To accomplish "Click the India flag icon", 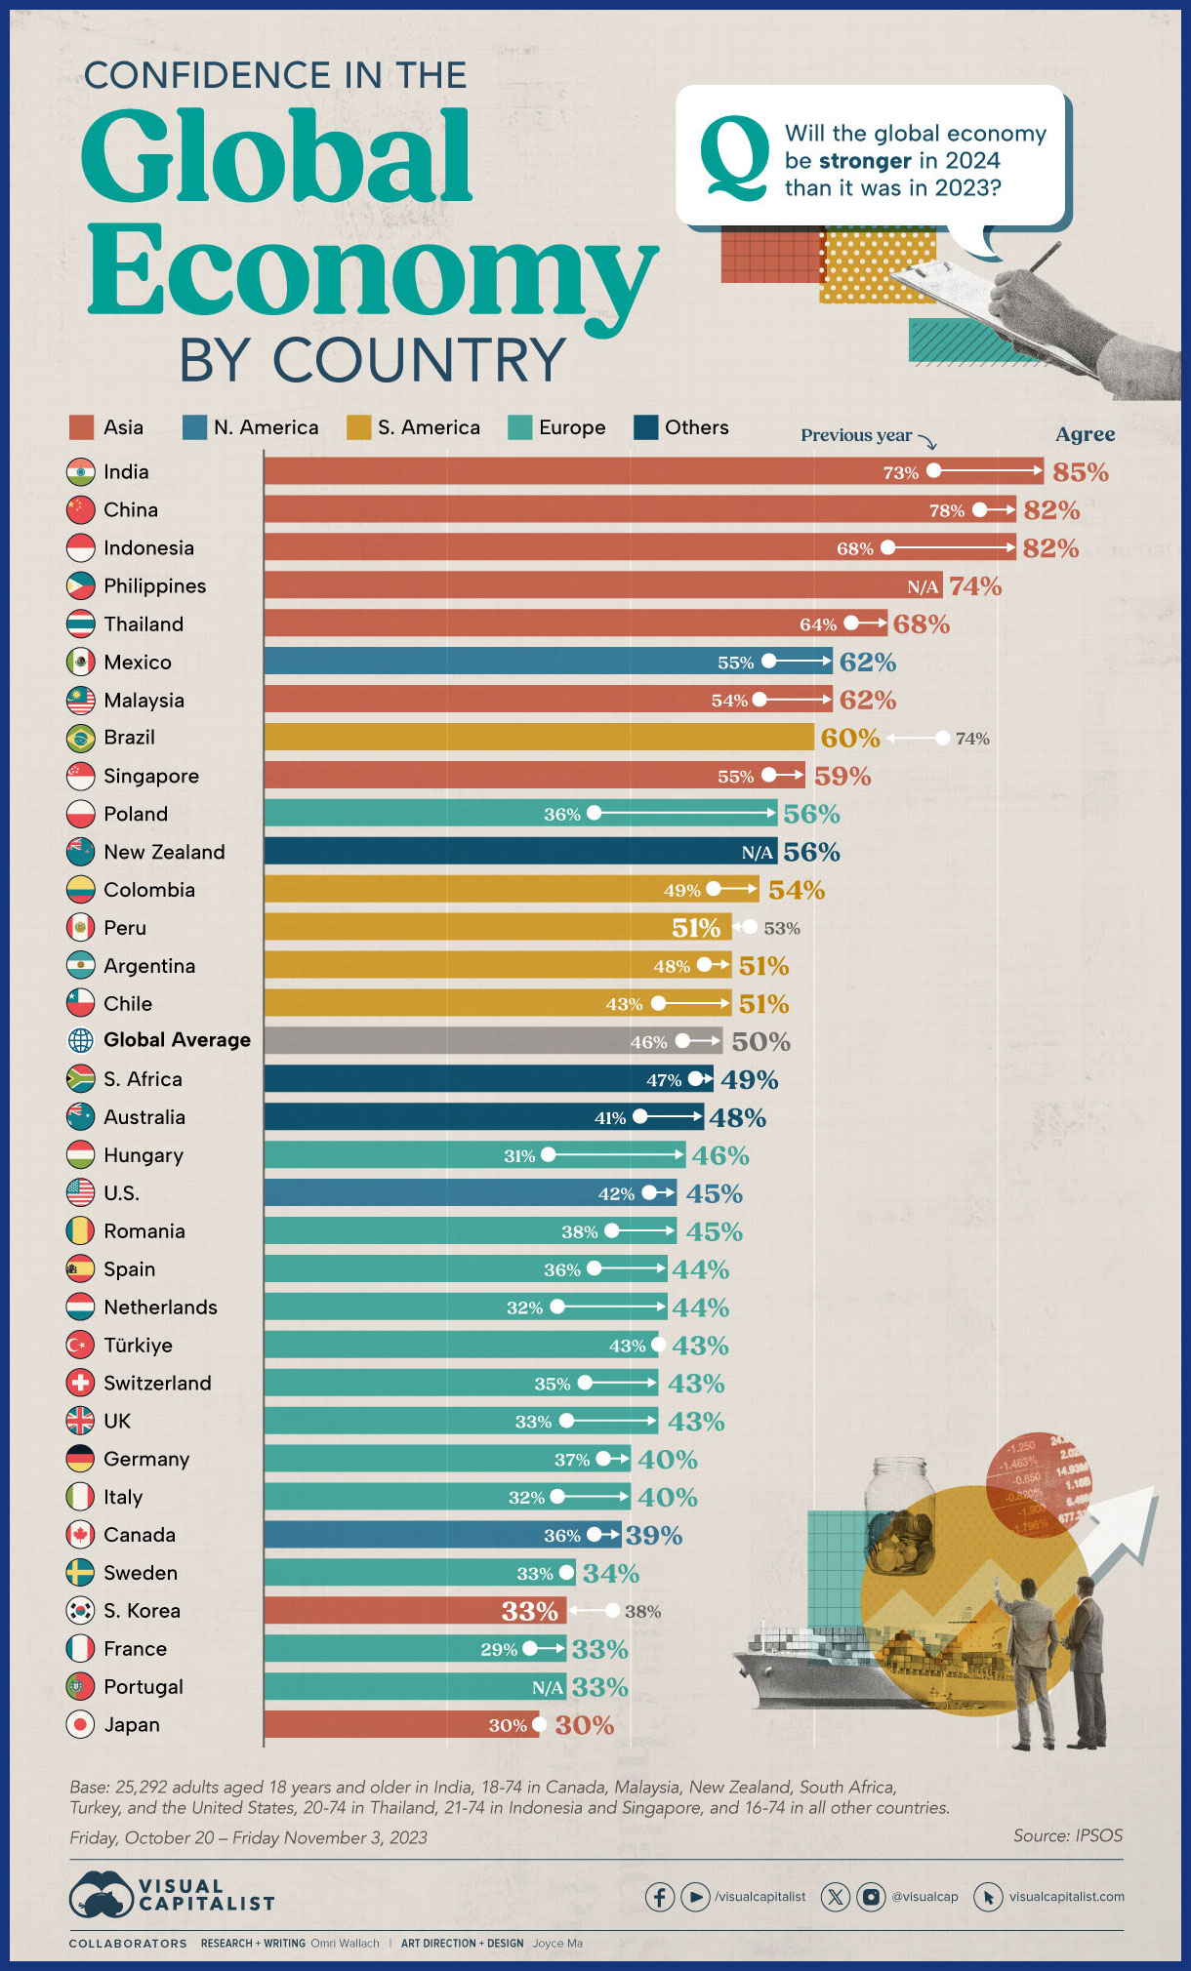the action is [80, 472].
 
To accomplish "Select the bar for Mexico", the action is [548, 662].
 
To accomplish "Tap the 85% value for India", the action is [1081, 472].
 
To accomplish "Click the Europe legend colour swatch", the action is [520, 427].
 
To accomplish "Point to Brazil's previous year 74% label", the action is [972, 739].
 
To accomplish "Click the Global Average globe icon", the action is [80, 1040].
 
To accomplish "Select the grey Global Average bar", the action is [493, 1040].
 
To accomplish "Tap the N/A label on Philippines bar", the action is [923, 586].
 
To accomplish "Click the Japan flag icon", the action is [80, 1724].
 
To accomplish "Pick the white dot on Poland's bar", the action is [595, 814].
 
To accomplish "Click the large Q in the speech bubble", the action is [735, 158].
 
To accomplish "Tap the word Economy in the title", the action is [371, 269].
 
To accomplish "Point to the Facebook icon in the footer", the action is [660, 1897].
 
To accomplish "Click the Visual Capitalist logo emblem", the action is [101, 1895].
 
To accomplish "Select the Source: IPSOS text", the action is [1068, 1835].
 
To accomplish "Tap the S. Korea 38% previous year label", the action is [642, 1611].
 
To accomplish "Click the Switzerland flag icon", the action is [80, 1383].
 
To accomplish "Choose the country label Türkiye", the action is [138, 1345].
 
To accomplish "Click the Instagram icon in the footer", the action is [871, 1897].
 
